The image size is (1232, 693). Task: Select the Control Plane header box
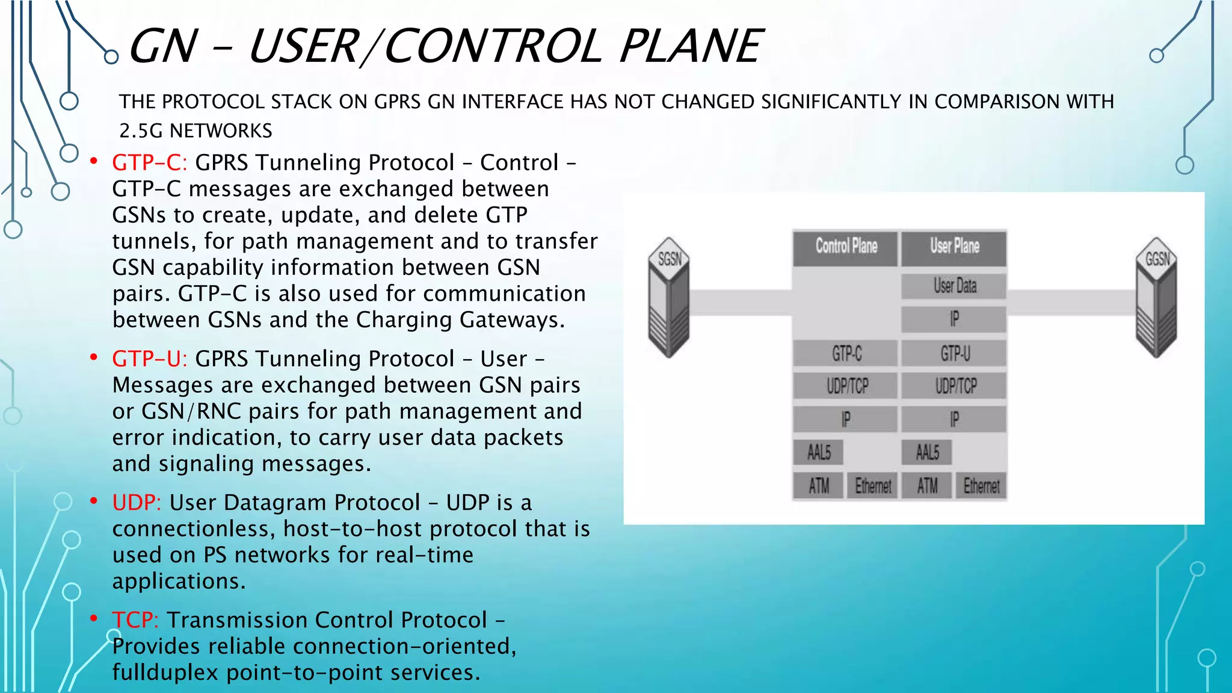pyautogui.click(x=846, y=247)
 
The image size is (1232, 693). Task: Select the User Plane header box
pyautogui.click(x=954, y=247)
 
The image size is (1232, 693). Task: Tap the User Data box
pyautogui.click(x=954, y=286)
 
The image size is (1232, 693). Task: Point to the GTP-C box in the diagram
pyautogui.click(x=846, y=354)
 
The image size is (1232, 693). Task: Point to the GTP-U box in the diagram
pyautogui.click(x=954, y=354)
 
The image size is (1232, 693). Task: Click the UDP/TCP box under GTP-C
pyautogui.click(x=846, y=386)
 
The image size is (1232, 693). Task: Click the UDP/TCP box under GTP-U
pyautogui.click(x=954, y=386)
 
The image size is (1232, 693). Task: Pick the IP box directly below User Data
pyautogui.click(x=954, y=319)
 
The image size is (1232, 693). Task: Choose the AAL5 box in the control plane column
pyautogui.click(x=819, y=452)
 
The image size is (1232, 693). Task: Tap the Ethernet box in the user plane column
pyautogui.click(x=981, y=485)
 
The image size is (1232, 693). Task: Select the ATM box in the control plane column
pyautogui.click(x=819, y=485)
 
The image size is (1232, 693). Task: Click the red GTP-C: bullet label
pyautogui.click(x=149, y=163)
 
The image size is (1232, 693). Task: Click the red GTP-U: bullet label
pyautogui.click(x=149, y=359)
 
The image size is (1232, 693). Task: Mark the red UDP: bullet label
pyautogui.click(x=136, y=503)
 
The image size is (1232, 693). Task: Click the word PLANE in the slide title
pyautogui.click(x=690, y=46)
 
